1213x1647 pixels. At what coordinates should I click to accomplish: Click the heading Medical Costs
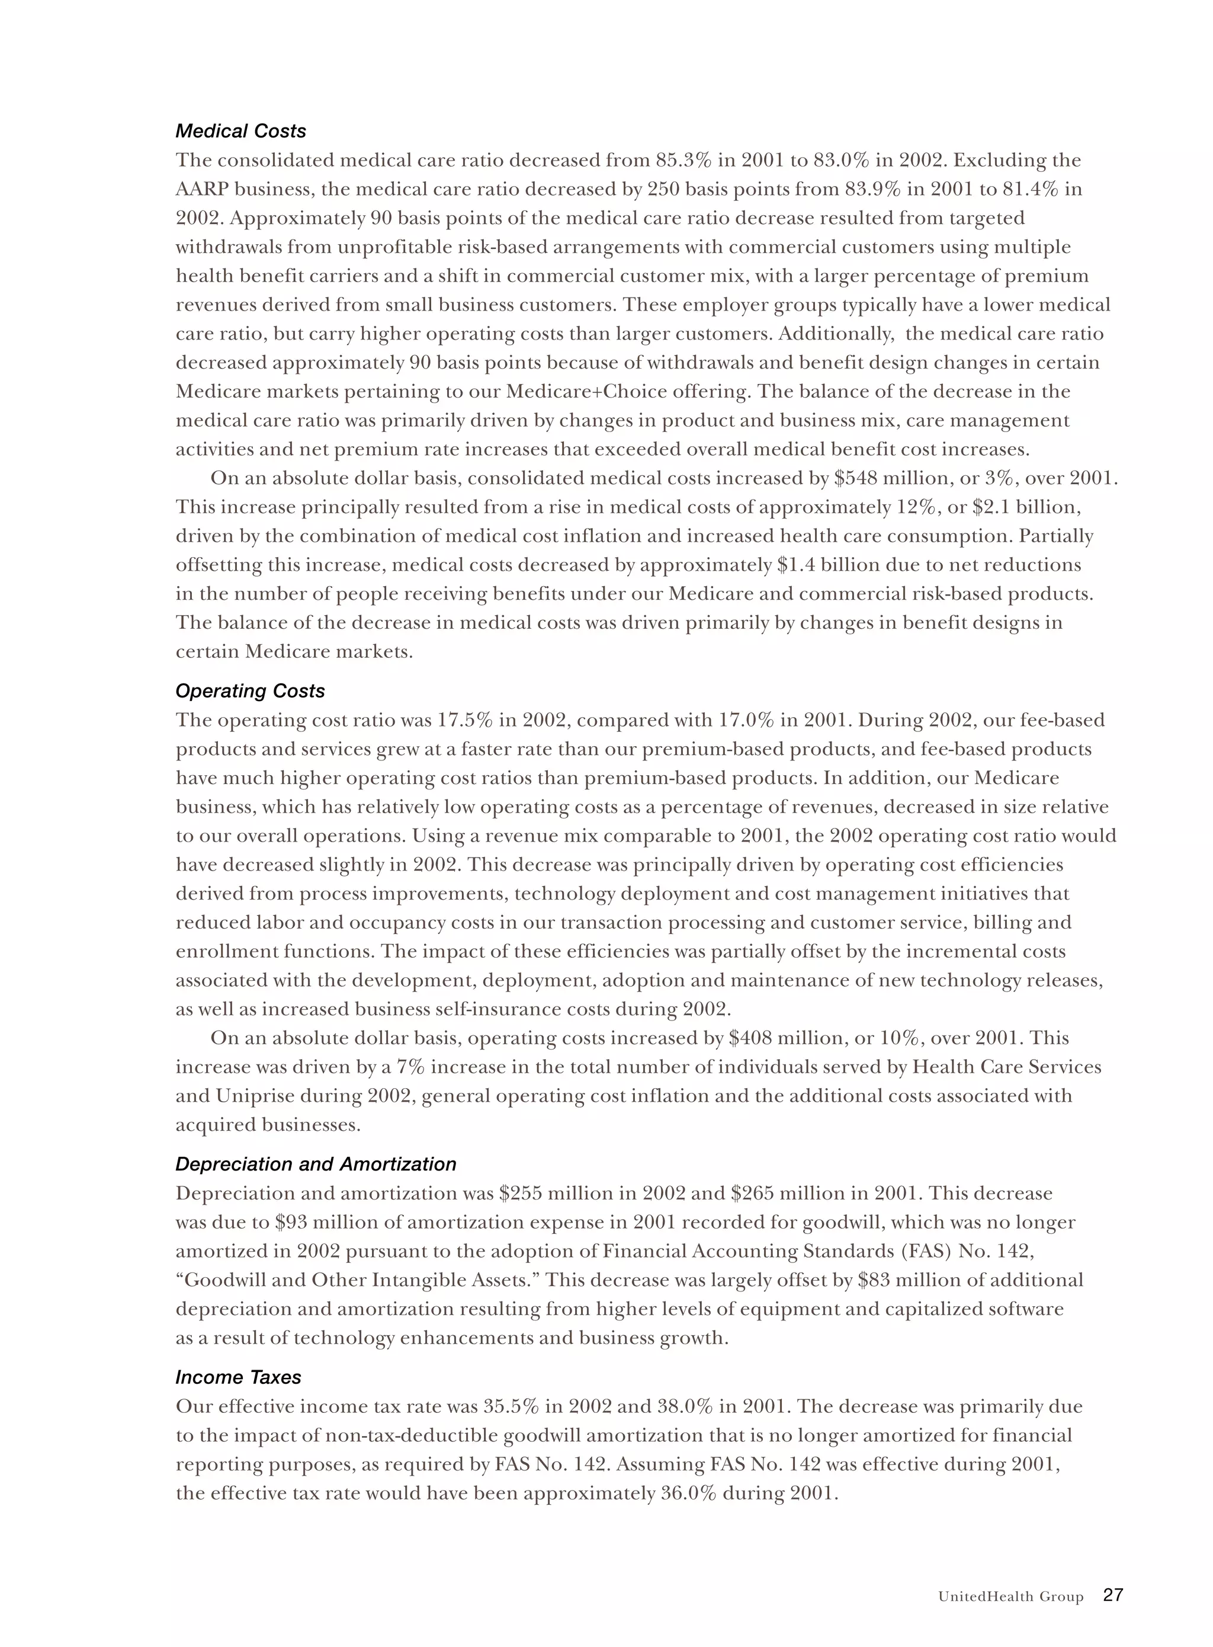click(x=241, y=132)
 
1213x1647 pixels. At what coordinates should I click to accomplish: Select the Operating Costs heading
click(x=250, y=691)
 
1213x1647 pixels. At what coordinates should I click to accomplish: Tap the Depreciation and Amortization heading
click(x=316, y=1165)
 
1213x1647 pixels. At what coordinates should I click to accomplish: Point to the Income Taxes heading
click(x=239, y=1377)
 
